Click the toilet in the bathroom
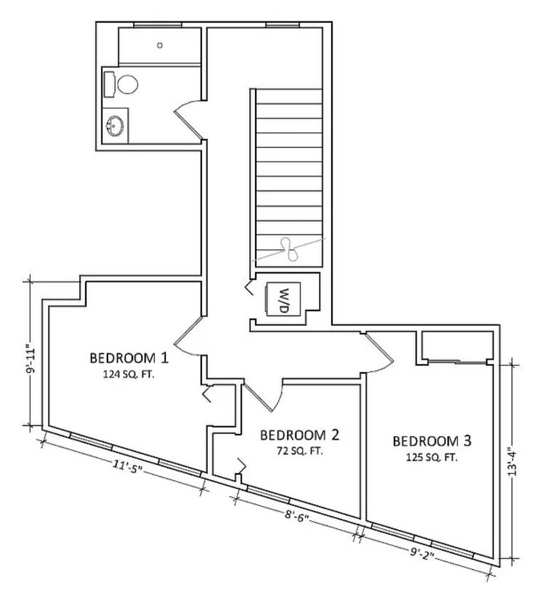point(121,84)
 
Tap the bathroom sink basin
point(115,126)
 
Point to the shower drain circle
point(160,45)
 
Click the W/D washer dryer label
point(283,299)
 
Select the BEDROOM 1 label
point(129,358)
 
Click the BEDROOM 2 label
point(300,436)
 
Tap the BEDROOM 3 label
point(432,441)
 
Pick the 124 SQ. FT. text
point(129,375)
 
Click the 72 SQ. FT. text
point(300,451)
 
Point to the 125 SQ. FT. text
point(432,458)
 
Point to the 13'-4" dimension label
point(512,463)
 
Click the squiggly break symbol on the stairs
point(290,249)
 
